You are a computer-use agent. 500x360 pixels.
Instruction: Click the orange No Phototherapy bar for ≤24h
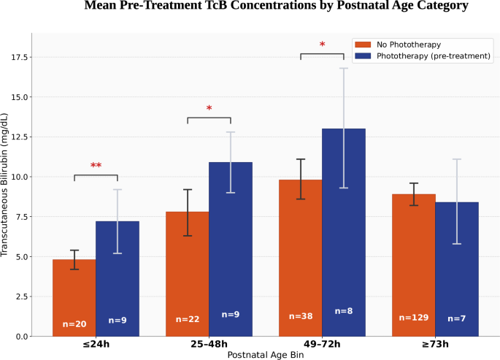click(x=74, y=298)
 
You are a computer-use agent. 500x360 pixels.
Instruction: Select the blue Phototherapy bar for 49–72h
click(x=344, y=232)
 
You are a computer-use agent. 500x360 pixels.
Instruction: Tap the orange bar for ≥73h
click(x=414, y=265)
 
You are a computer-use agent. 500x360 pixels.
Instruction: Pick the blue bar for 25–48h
click(x=231, y=249)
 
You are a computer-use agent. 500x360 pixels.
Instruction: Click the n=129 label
click(x=414, y=318)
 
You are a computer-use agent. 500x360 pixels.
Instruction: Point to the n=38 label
click(x=301, y=316)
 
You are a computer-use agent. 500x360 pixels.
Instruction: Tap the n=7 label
click(x=457, y=318)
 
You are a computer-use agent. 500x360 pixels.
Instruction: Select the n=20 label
click(x=74, y=324)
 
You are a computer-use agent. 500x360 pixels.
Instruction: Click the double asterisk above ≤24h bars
click(x=96, y=165)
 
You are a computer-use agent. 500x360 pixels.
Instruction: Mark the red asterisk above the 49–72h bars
click(x=322, y=45)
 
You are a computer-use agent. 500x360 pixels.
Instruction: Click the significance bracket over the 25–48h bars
click(x=209, y=118)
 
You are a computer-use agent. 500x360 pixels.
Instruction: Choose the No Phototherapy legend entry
click(x=398, y=45)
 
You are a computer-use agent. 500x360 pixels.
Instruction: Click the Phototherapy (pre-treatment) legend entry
click(x=423, y=56)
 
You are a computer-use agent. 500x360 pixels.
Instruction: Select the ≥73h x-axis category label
click(x=435, y=345)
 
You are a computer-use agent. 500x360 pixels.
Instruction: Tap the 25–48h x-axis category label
click(x=209, y=345)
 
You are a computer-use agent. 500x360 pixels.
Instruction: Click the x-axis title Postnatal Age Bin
click(x=266, y=355)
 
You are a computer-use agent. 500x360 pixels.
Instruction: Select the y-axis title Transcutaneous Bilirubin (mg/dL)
click(x=4, y=185)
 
